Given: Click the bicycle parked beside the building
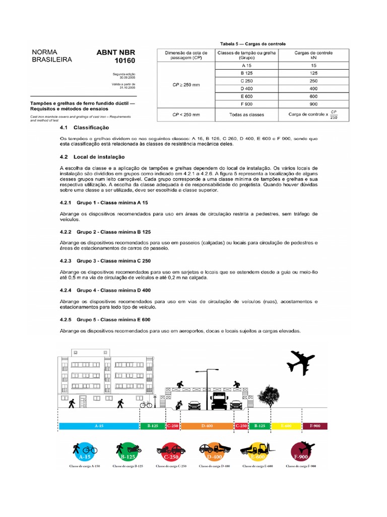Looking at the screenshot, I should (146, 404).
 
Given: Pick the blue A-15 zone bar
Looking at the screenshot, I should (99, 426).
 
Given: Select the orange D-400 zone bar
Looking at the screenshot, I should (207, 426).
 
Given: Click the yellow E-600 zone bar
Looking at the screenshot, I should (286, 426).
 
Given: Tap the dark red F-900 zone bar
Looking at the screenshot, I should (314, 426).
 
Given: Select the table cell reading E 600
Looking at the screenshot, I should (247, 96).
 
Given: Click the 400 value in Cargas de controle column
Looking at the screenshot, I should (313, 88).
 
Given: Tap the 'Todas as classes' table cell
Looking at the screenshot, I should (247, 115).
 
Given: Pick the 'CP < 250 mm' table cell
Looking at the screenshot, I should (186, 115).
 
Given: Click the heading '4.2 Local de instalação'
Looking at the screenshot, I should (92, 157).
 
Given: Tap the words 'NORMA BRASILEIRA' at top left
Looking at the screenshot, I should (51, 56).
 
